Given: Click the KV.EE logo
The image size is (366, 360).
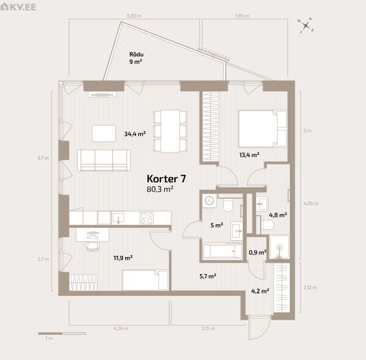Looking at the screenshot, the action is pos(18,7).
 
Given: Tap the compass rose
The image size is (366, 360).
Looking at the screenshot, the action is pos(306,26).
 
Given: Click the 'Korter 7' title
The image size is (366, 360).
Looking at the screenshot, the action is pos(166,179).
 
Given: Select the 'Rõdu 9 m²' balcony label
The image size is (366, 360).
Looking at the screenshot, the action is pos(136,58).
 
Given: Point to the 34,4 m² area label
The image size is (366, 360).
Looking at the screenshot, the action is pos(135,134).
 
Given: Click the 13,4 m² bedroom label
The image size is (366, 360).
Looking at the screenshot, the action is pos(249,155).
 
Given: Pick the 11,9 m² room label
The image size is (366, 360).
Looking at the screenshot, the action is pos(123,258).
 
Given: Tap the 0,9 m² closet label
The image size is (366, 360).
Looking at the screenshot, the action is pos(258,252).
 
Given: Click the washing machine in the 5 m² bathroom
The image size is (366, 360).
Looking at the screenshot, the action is pos(209,200).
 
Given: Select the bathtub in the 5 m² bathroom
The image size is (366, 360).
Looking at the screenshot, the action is pos(222,251).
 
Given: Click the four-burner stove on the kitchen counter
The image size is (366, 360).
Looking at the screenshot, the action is pos(147,218).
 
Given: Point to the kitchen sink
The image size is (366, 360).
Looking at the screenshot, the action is pos(118,218).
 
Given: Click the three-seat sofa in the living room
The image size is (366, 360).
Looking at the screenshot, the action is pos(104,160).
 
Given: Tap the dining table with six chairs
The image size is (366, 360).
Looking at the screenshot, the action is pos(170,131).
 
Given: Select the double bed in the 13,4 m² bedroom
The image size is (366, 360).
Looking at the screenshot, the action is pos(263,129).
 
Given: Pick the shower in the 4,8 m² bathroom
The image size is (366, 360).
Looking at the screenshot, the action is pos(279,247).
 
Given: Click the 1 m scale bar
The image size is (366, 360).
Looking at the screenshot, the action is pos(62,333).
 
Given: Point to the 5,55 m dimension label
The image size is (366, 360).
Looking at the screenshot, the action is pos(134,16).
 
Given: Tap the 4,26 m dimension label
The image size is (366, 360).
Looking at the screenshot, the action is pos(121,328).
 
